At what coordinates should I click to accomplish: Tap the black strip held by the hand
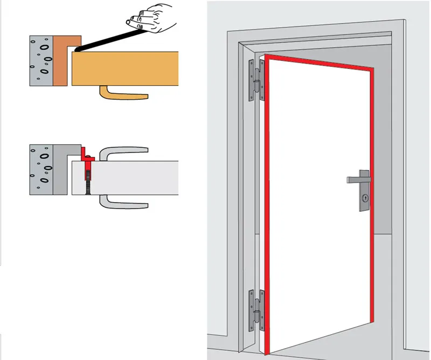pos(105,40)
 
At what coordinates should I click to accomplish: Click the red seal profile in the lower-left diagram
pos(88,157)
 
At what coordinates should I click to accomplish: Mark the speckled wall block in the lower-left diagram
pos(41,169)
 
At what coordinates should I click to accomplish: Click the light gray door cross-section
pos(135,177)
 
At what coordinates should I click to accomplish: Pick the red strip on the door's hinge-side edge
pos(267,205)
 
